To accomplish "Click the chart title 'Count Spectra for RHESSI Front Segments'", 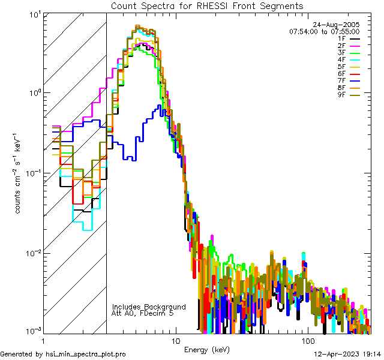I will tap(207, 6).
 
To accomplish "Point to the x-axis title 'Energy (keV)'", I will tap(206, 349).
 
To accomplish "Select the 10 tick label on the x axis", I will tap(175, 340).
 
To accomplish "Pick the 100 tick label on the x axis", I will tap(307, 340).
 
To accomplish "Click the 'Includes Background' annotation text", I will tap(149, 307).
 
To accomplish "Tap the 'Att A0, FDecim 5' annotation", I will tap(143, 313).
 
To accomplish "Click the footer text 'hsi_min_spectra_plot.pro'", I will tap(85, 354).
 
